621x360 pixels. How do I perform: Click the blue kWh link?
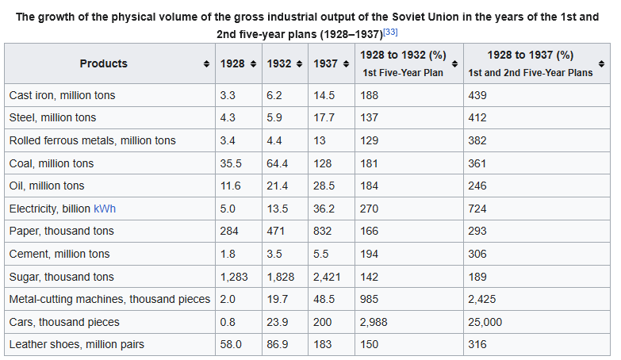pos(105,209)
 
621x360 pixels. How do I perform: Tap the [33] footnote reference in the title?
pos(390,32)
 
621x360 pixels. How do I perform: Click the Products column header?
pos(103,63)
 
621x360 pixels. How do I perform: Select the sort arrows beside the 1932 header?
pos(300,63)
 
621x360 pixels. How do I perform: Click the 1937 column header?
pos(325,63)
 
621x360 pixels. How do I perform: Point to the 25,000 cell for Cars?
pos(485,322)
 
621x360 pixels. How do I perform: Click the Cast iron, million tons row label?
pos(62,95)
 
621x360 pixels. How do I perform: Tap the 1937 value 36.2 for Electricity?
pos(324,209)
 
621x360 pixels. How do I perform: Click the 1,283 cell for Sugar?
pos(235,277)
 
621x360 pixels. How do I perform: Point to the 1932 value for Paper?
pos(278,231)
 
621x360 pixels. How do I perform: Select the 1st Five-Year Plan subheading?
pos(403,73)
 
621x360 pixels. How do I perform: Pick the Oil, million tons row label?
pos(46,186)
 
